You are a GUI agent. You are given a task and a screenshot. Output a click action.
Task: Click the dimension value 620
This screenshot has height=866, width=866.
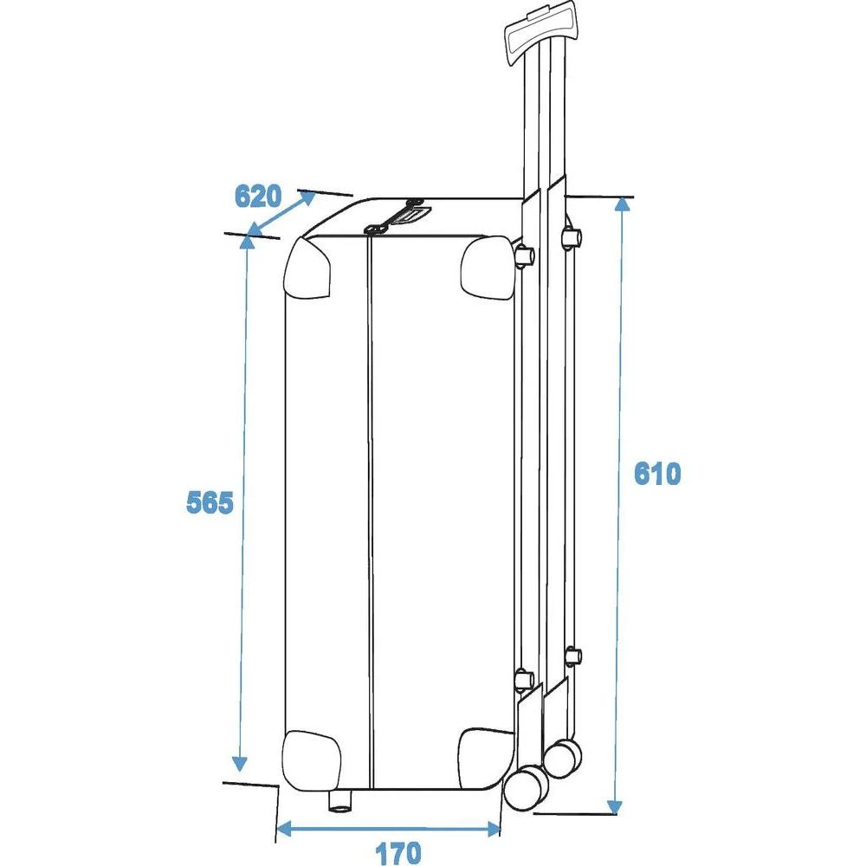tap(258, 197)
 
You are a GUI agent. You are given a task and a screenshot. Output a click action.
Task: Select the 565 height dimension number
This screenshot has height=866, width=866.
tap(210, 502)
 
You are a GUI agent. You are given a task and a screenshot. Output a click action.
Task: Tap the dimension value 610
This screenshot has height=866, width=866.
tap(658, 474)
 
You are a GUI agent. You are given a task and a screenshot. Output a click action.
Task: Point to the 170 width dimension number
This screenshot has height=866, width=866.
tap(397, 853)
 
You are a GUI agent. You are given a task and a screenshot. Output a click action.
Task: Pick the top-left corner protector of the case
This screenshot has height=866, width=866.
tap(308, 267)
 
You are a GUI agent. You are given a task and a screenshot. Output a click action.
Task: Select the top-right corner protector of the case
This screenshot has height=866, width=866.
tap(487, 266)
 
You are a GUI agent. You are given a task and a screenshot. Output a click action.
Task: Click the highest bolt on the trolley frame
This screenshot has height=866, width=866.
tap(571, 236)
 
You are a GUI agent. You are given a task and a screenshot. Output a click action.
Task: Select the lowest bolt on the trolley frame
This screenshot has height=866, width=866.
tap(524, 681)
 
